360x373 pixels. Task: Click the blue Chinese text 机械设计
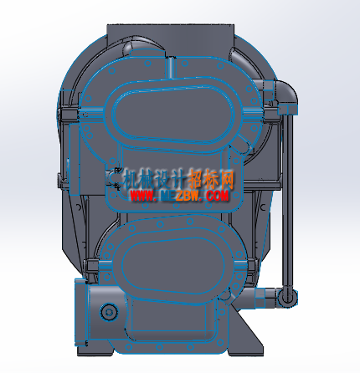coord(154,180)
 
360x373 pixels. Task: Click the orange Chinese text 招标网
coord(211,179)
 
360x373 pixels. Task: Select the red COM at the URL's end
coord(218,196)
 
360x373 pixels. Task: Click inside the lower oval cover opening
coord(173,265)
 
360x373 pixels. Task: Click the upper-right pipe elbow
coord(286,92)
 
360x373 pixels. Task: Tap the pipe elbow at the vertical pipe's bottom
coord(287,297)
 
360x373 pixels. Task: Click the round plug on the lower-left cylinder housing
coord(108,312)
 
